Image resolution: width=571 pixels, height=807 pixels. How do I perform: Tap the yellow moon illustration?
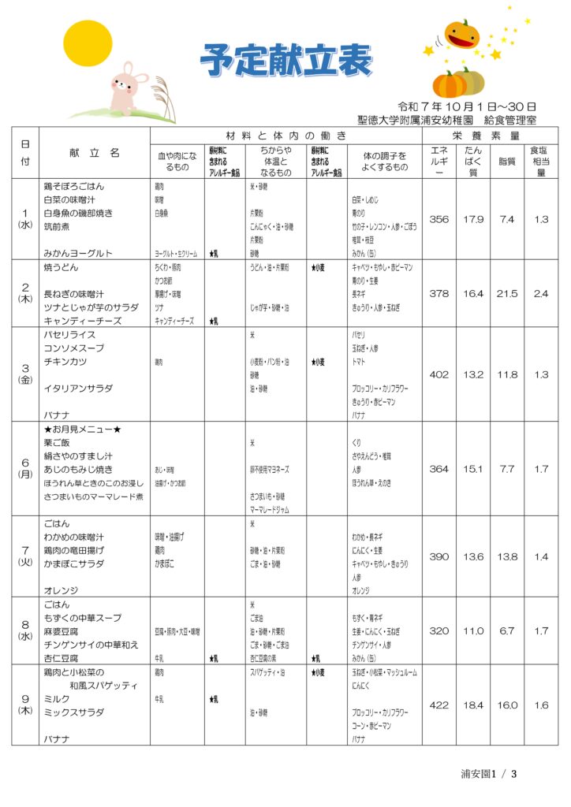[x=88, y=44]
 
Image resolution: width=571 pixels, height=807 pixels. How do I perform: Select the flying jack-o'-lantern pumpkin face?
[x=461, y=34]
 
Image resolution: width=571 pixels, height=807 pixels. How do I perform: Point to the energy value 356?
[x=439, y=219]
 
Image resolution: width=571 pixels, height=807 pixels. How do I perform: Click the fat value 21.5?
[x=508, y=293]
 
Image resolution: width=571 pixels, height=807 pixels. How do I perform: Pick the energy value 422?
[x=439, y=705]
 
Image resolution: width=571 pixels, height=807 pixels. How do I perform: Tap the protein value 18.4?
[x=473, y=705]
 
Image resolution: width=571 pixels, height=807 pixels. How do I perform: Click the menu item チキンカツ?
[x=65, y=362]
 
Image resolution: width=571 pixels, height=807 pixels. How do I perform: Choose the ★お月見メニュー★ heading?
[x=82, y=430]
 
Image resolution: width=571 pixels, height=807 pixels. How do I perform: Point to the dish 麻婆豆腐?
[x=61, y=631]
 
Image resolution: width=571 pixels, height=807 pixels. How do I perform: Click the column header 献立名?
[x=92, y=152]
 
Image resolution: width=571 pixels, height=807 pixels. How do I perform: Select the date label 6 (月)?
[x=25, y=468]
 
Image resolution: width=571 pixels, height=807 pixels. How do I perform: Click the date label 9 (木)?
[x=25, y=705]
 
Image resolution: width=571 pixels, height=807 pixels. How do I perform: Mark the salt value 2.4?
[x=541, y=293]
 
